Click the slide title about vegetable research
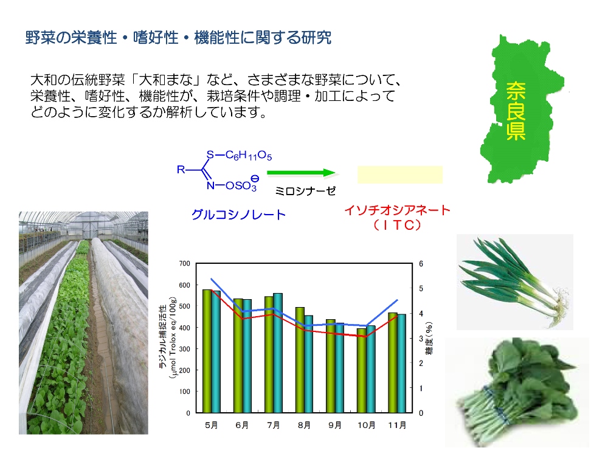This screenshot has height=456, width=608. pyautogui.click(x=178, y=38)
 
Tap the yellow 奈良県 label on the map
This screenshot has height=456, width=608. pyautogui.click(x=516, y=111)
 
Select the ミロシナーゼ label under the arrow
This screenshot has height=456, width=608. pyautogui.click(x=305, y=191)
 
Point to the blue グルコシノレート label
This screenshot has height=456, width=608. pyautogui.click(x=238, y=215)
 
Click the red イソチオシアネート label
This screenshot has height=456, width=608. pyautogui.click(x=398, y=210)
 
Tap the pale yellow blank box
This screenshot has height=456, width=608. pyautogui.click(x=400, y=174)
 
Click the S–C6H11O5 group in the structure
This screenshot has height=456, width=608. pyautogui.click(x=239, y=156)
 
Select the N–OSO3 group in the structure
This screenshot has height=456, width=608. pyautogui.click(x=232, y=185)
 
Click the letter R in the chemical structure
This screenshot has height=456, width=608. pyautogui.click(x=181, y=170)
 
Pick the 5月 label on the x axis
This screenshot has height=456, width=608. pyautogui.click(x=212, y=426)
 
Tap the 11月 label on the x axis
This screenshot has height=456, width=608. pyautogui.click(x=398, y=426)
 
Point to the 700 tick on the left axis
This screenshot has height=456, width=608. pyautogui.click(x=185, y=264)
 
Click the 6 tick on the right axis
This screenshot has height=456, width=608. pyautogui.click(x=421, y=264)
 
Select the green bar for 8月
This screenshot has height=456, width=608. pyautogui.click(x=300, y=360)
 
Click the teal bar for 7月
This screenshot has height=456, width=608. pyautogui.click(x=278, y=353)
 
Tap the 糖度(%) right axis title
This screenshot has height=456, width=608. pyautogui.click(x=429, y=338)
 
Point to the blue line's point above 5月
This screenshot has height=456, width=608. pyautogui.click(x=212, y=278)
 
